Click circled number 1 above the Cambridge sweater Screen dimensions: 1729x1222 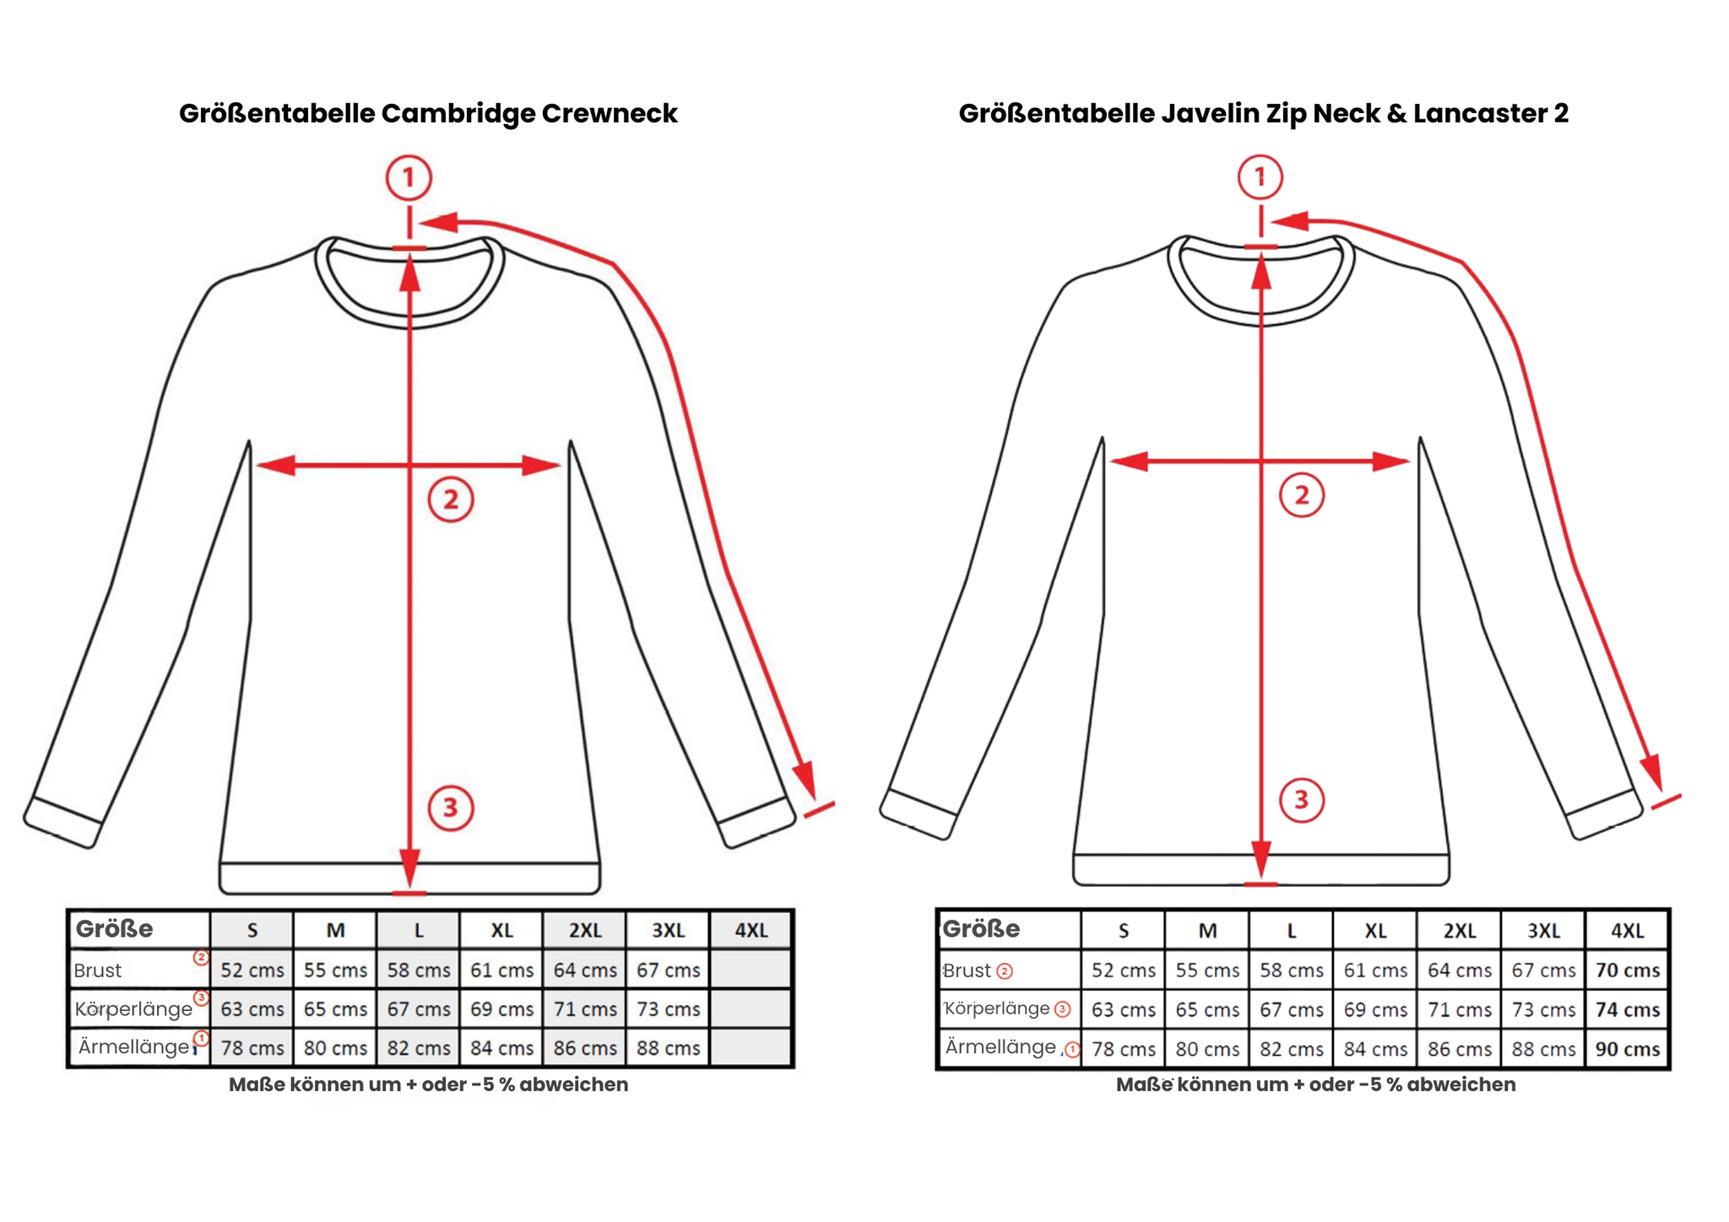[x=409, y=178]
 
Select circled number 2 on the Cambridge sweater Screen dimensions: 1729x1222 [x=451, y=500]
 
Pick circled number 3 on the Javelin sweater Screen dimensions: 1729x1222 [x=1301, y=800]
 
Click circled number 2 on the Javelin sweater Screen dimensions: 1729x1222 [x=1302, y=495]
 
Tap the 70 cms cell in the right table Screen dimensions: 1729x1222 [x=1627, y=971]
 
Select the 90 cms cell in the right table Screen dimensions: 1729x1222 [x=1627, y=1049]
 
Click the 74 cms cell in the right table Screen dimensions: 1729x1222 [x=1627, y=1009]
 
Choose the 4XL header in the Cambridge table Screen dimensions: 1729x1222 [x=751, y=931]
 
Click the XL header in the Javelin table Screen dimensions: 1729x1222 [x=1375, y=931]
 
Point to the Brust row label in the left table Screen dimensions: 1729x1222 [x=98, y=971]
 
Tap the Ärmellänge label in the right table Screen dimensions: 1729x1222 [x=1000, y=1047]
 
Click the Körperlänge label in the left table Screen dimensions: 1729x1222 [x=133, y=1009]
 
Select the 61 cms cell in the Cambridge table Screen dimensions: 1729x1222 [x=501, y=971]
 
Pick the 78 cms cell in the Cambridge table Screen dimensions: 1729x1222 [x=252, y=1048]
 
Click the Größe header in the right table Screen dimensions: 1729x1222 [x=981, y=929]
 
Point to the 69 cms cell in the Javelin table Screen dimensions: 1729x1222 [x=1375, y=1009]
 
